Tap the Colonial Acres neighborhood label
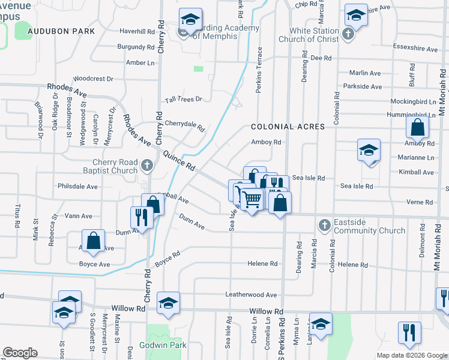coord(288,127)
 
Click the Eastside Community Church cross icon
coord(324,226)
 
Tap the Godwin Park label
coord(163,345)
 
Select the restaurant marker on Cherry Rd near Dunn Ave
coord(142,217)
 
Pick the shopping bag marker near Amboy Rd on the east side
coord(417,127)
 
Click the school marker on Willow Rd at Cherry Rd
coord(168,302)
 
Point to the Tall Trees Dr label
coord(183,99)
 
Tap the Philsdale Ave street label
coord(77,187)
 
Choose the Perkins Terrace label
coord(260,65)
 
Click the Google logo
coord(20,353)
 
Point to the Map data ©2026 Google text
coord(411,355)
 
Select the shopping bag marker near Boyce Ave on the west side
coord(94,241)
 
